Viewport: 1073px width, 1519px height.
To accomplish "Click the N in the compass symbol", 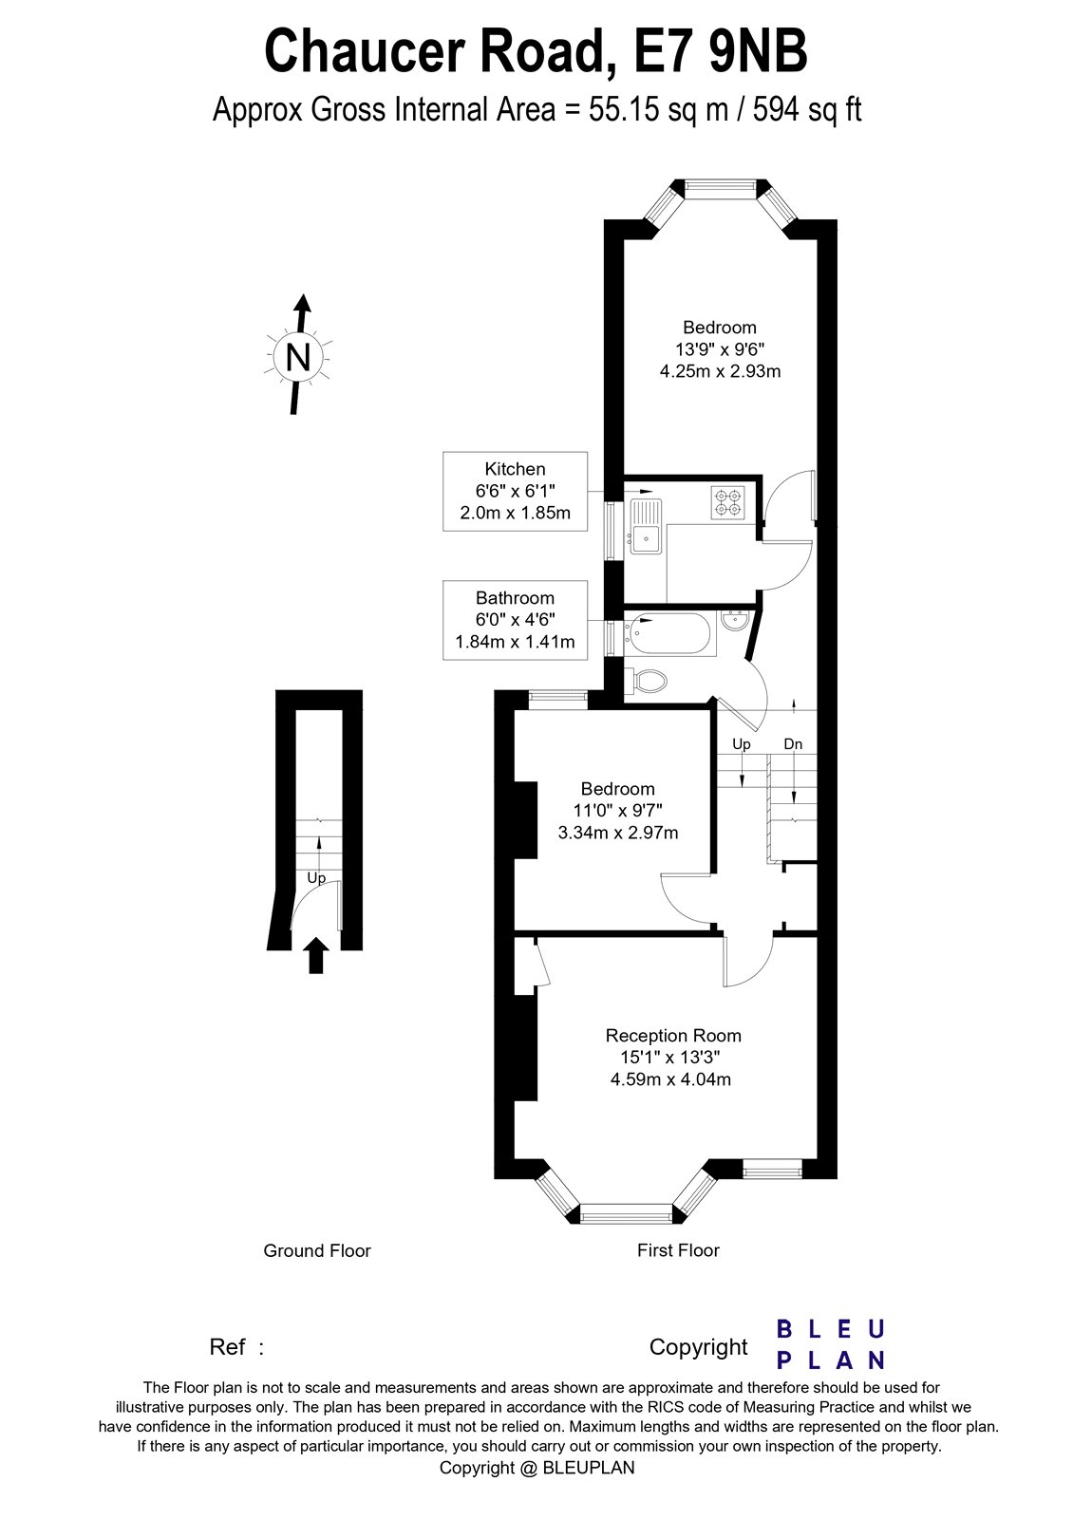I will coord(298,358).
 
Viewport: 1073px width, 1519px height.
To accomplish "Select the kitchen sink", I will coord(645,536).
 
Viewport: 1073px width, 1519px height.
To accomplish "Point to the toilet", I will coord(648,680).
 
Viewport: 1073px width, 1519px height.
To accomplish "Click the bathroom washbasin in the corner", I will coord(735,622).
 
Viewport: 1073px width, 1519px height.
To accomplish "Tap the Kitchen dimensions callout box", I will coord(515,491).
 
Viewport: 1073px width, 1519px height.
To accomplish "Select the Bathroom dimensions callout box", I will coord(515,620).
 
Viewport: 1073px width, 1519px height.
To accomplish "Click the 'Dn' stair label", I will coord(793,744).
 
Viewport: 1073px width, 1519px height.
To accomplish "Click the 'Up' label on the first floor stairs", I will coord(742,744).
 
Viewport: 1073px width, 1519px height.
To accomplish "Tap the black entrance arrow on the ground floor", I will coord(316,955).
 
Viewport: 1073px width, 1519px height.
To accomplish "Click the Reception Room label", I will coord(673,1036).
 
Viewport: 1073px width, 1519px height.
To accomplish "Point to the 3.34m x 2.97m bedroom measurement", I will coord(617,834).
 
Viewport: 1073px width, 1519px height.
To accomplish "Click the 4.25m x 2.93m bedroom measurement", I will coord(720,371).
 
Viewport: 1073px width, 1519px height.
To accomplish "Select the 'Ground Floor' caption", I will coord(317,1251).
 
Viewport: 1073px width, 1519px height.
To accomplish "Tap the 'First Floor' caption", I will coord(678,1251).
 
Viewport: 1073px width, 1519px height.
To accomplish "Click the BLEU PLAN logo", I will coord(831,1344).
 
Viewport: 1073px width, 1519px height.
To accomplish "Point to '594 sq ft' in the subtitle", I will coord(807,110).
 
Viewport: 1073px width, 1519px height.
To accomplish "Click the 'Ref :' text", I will coord(236,1347).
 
